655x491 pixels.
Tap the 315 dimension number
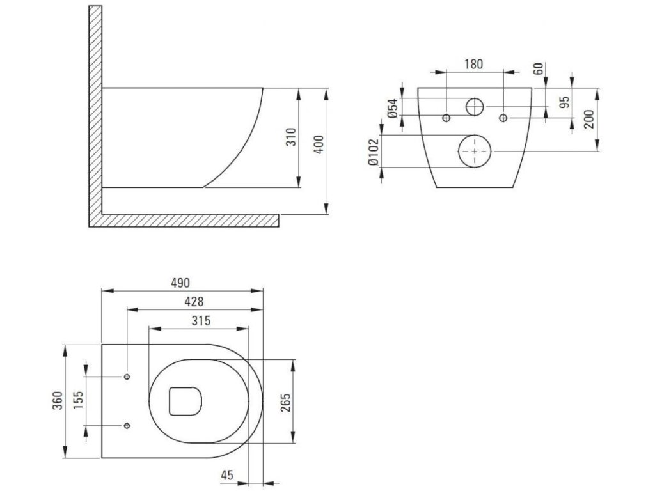[x=200, y=320]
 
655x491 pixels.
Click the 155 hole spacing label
[x=77, y=401]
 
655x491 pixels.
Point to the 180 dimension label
[x=474, y=64]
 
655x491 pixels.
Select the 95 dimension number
[x=564, y=102]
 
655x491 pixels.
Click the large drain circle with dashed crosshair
[x=475, y=152]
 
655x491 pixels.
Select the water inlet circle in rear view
[x=475, y=106]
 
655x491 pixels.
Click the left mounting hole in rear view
[x=446, y=117]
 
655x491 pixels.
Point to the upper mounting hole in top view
[x=127, y=376]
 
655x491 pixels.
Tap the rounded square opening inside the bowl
[x=185, y=400]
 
